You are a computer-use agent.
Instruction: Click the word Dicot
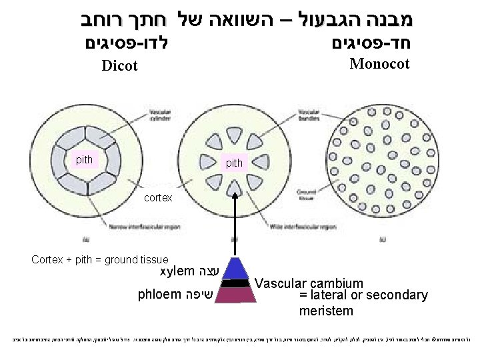point(119,65)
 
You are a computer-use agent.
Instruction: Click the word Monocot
point(379,64)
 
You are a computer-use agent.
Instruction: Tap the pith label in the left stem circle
point(85,160)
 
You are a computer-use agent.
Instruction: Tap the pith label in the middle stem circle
point(235,163)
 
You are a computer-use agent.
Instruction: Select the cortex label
point(159,198)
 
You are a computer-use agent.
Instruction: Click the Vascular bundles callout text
point(309,115)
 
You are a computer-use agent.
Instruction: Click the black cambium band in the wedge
point(234,283)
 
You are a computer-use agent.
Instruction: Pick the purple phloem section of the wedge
point(234,295)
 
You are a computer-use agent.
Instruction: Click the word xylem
point(177,272)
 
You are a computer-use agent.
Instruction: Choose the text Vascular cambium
point(309,284)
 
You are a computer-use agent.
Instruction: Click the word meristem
point(326,311)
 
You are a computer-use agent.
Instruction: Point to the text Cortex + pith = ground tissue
point(100,259)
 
